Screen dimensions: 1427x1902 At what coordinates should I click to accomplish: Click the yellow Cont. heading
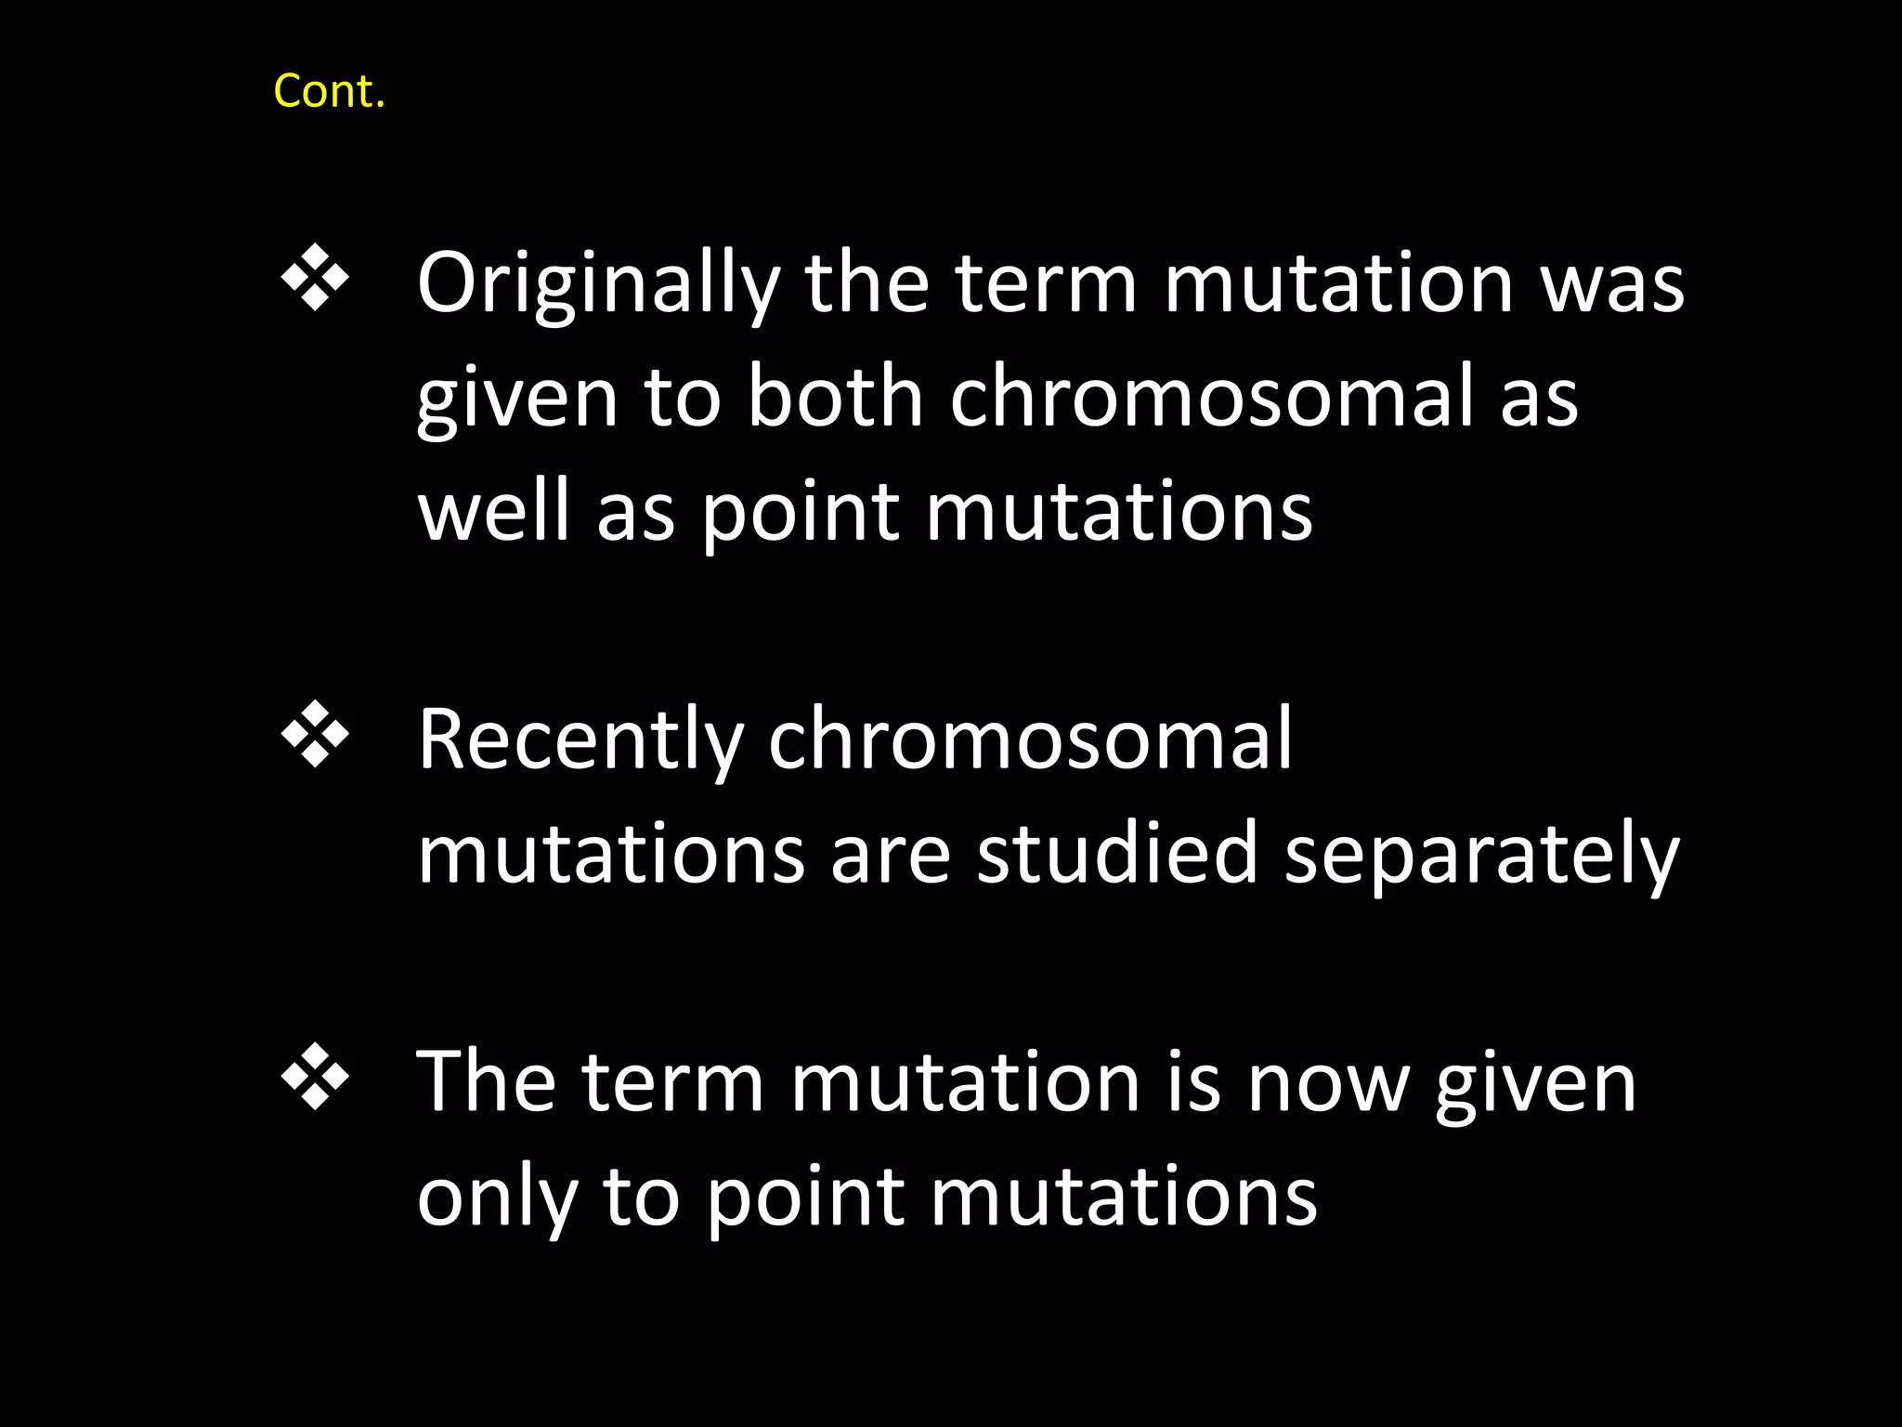329,92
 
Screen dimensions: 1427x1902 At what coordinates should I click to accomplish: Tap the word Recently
580,740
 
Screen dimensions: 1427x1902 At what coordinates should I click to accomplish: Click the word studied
1117,855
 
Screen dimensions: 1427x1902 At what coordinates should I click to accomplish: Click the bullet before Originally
315,277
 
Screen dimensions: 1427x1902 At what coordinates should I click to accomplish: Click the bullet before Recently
315,734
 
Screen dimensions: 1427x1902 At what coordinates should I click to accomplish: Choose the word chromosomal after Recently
1030,740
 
